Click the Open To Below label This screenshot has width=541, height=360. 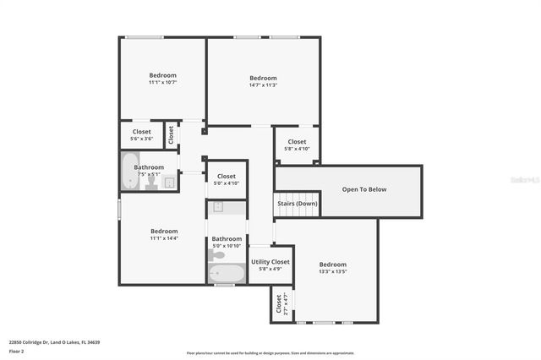point(364,189)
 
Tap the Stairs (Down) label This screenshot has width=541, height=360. point(297,203)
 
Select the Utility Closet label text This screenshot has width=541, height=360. point(270,262)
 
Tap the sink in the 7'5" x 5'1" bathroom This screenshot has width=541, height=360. point(169,182)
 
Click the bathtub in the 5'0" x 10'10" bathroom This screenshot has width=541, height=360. point(227,274)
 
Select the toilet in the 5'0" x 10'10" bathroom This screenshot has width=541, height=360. point(217,254)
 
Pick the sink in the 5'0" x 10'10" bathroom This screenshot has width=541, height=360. point(217,206)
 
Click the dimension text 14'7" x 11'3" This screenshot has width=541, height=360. point(263,85)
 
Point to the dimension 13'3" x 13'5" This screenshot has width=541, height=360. point(333,271)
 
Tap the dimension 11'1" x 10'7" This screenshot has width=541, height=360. point(162,82)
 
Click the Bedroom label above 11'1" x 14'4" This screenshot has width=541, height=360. point(164,231)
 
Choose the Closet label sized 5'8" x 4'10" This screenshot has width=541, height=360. point(297,141)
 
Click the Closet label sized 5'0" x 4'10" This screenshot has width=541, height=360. point(227,177)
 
